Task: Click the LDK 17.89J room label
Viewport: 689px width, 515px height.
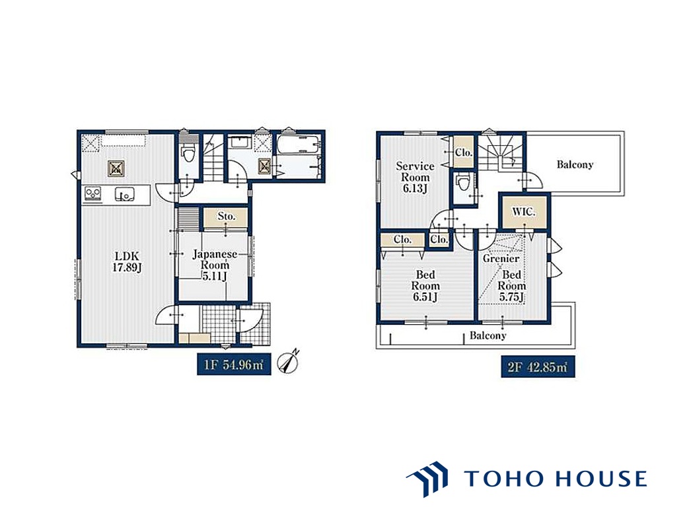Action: coord(127,261)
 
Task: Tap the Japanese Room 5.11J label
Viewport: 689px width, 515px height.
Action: coord(215,265)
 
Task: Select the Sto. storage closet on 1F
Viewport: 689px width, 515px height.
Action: coord(226,217)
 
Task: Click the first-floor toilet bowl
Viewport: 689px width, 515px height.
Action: coord(188,152)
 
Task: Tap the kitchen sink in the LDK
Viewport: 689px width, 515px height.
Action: coord(125,193)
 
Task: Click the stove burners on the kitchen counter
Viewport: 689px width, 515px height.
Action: coord(93,193)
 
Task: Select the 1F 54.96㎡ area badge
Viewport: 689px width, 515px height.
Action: coord(234,364)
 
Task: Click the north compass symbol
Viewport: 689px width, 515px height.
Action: coord(289,362)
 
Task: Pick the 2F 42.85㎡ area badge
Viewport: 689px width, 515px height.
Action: coord(538,366)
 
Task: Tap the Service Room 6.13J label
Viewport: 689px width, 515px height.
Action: coord(415,178)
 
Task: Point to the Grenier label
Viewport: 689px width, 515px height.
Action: coord(501,259)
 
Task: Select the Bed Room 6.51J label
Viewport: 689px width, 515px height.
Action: coord(425,286)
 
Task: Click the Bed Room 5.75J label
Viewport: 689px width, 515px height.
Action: coord(511,286)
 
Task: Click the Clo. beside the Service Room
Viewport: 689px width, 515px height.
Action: coord(464,152)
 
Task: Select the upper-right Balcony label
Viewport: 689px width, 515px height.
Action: coord(575,164)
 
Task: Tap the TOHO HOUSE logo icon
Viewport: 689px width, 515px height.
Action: coord(427,479)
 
